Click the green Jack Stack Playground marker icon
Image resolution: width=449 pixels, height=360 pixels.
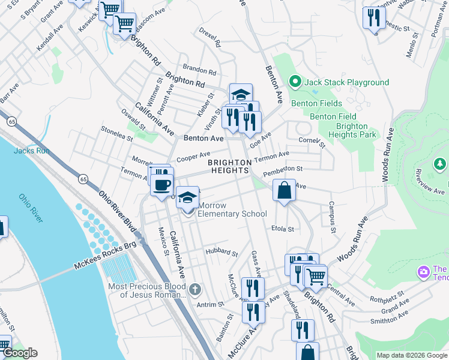pos(295,82)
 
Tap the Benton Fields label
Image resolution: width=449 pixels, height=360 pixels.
pos(316,103)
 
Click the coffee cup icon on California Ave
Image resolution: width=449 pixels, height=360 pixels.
pos(161,184)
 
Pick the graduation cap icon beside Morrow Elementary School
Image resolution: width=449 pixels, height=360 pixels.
pos(188,197)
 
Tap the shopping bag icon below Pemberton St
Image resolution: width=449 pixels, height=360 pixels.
pos(285,190)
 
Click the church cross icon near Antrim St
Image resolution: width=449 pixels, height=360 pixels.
pos(194,290)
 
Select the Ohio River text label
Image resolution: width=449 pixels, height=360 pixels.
pos(31,207)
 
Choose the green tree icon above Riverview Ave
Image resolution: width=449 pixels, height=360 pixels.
pos(440,163)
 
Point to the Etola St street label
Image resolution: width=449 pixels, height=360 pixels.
pos(283,229)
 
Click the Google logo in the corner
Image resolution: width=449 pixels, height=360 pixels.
pos(19,353)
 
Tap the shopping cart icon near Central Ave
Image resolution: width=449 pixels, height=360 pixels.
pos(316,277)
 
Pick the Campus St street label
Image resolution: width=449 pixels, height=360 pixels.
pos(331,214)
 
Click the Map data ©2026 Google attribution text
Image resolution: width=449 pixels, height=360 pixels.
pos(411,355)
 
